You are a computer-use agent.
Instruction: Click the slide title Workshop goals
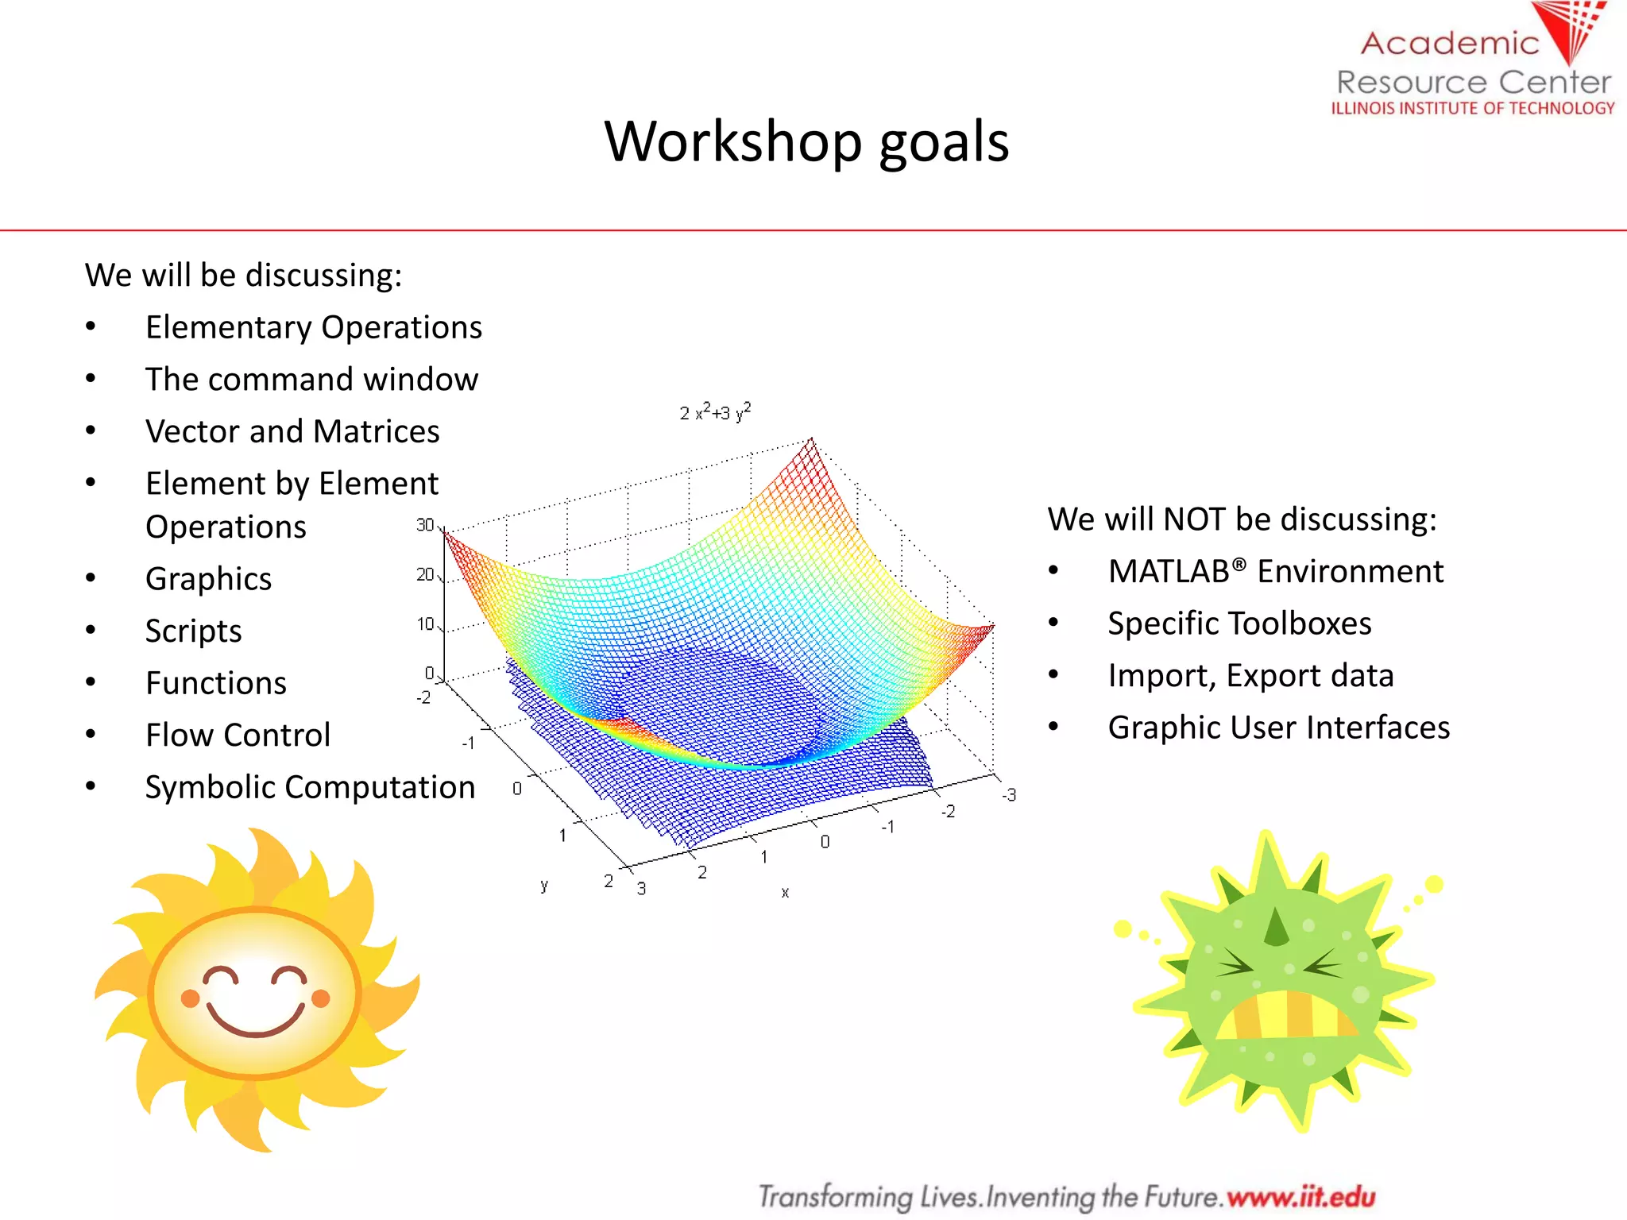[806, 141]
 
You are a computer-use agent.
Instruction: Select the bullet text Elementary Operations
[313, 327]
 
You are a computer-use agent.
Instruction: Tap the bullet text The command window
[311, 380]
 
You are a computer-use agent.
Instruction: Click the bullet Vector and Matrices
[292, 431]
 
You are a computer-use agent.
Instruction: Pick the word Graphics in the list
[208, 579]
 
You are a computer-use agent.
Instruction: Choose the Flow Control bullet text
[238, 735]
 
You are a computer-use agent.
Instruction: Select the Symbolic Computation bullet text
[310, 787]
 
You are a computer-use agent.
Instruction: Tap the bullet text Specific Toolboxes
[1239, 624]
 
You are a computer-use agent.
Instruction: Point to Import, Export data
[1250, 675]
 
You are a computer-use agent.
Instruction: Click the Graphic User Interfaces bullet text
[1278, 728]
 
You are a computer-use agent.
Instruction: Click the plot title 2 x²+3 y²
[715, 412]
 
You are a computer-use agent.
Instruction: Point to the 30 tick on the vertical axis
[425, 525]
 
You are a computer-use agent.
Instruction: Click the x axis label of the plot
[785, 893]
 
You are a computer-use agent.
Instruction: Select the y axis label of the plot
[544, 885]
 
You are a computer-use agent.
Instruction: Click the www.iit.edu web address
[1300, 1196]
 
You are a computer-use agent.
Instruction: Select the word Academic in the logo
[1449, 43]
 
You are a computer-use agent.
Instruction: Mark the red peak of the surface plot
[810, 442]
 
